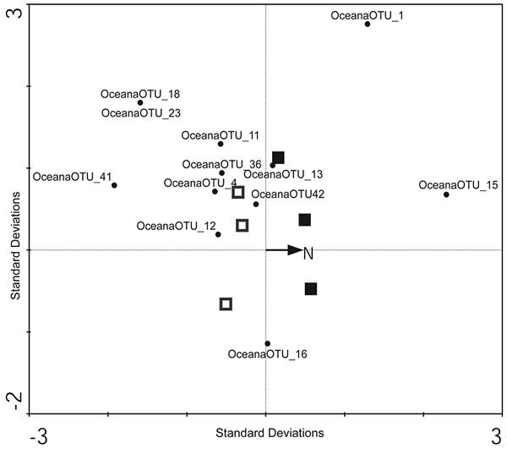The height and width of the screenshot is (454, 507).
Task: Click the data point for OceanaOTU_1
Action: click(368, 24)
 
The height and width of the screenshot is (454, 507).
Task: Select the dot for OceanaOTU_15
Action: click(446, 194)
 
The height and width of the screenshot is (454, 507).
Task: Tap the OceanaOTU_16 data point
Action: click(267, 343)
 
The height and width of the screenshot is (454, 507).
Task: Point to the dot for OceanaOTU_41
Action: click(114, 185)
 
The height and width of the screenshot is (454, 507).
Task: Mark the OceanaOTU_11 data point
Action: click(221, 144)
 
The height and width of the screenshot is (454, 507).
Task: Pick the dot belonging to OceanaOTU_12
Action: click(218, 234)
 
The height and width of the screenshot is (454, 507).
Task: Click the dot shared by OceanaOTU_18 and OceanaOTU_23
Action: click(140, 102)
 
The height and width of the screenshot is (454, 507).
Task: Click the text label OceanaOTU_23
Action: click(140, 112)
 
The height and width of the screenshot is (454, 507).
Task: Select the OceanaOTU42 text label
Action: click(288, 194)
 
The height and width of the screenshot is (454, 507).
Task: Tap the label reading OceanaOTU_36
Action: click(222, 164)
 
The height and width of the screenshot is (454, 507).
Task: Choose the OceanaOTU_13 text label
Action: click(283, 175)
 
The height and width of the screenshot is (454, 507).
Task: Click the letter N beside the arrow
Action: click(309, 253)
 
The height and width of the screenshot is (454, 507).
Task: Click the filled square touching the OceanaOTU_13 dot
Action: click(278, 158)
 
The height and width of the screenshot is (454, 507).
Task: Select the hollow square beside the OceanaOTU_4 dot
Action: click(238, 192)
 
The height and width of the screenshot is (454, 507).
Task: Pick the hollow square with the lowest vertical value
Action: click(226, 304)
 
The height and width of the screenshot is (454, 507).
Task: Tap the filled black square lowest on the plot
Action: click(311, 289)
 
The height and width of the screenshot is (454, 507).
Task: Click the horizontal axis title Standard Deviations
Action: click(270, 433)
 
